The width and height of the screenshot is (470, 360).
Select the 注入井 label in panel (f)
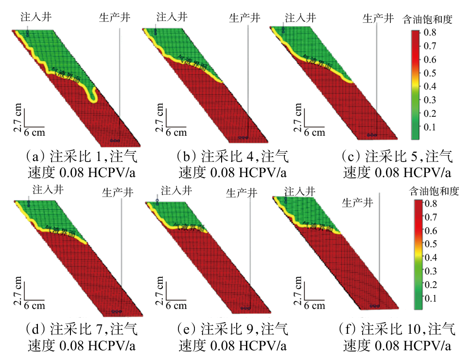[300, 191]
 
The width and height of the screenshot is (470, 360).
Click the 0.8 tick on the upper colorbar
[430, 32]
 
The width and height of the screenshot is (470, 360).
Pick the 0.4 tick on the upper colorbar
[430, 86]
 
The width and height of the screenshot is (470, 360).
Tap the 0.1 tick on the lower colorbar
[431, 298]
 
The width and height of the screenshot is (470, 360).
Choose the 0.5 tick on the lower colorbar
[431, 244]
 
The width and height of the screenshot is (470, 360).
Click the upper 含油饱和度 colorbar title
[428, 20]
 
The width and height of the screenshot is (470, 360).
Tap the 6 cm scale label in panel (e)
[176, 306]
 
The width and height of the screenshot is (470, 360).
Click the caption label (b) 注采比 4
[232, 157]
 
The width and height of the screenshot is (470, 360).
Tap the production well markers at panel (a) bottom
[115, 140]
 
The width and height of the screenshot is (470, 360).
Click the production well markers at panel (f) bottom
[373, 306]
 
